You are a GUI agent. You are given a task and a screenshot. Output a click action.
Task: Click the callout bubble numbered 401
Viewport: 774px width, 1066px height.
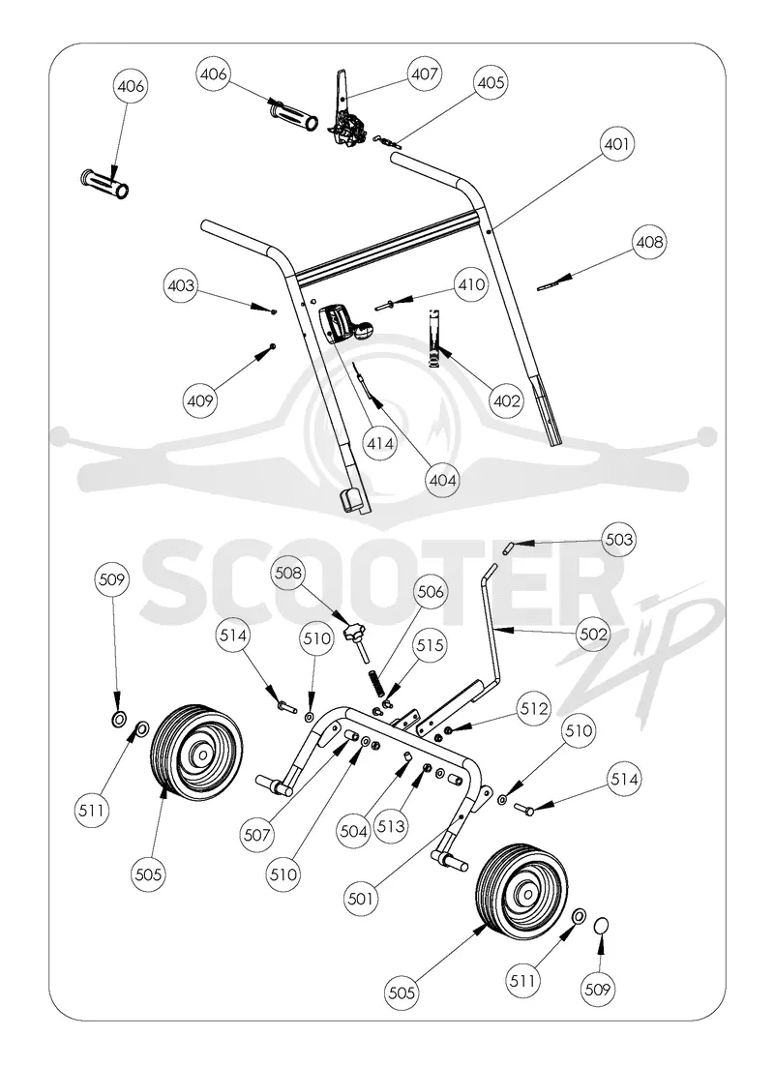(617, 144)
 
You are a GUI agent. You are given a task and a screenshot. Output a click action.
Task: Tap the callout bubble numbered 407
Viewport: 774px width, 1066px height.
(425, 74)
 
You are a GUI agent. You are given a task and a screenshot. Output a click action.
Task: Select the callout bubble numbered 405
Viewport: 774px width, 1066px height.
(491, 83)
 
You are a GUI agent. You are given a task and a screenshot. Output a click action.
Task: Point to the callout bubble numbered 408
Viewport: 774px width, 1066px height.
(649, 242)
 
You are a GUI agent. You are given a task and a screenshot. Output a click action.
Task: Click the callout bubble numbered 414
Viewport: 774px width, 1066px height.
(380, 444)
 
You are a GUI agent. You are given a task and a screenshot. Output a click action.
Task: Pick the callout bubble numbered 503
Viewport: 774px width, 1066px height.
(619, 540)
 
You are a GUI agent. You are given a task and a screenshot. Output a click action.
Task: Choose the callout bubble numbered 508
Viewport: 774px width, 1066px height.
(287, 573)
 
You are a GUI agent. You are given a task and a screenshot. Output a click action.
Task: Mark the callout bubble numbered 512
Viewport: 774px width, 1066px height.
(534, 709)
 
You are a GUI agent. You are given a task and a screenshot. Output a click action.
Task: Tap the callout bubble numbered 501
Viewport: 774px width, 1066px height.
(361, 899)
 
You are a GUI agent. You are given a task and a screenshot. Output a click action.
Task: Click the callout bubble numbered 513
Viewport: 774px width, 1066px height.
(391, 827)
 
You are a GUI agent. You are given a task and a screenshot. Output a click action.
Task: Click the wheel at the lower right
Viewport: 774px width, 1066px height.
(521, 888)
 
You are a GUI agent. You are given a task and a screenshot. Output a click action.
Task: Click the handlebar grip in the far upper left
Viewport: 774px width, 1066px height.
(104, 184)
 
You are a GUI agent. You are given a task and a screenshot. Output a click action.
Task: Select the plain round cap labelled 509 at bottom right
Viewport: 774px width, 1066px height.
(601, 926)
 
